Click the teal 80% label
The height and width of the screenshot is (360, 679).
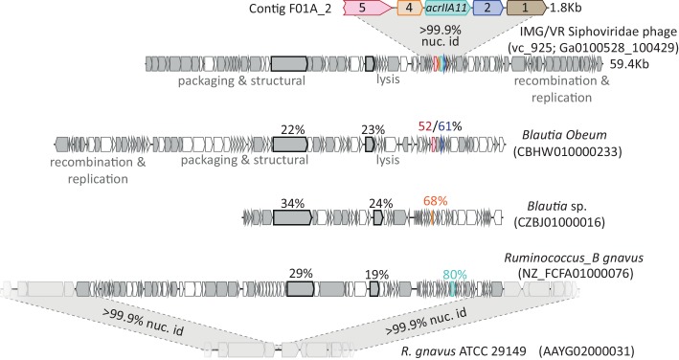(x=453, y=274)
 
